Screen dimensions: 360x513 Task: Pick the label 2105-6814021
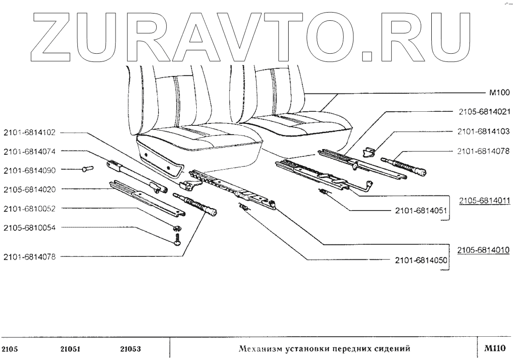coord(484,112)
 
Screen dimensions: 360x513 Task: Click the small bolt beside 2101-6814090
coord(87,169)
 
